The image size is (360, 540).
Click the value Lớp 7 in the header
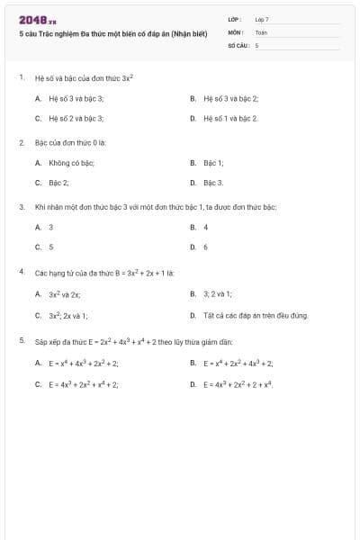coord(262,19)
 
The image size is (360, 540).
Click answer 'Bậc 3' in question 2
coord(212,183)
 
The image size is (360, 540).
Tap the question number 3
coord(21,207)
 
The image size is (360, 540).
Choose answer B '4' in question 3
coord(205,227)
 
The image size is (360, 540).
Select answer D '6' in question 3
coord(205,247)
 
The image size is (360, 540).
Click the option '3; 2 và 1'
coord(217,293)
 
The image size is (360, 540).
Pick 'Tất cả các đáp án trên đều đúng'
coord(255,316)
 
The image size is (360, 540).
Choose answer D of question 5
coord(237,384)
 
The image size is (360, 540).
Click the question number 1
coord(21,77)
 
